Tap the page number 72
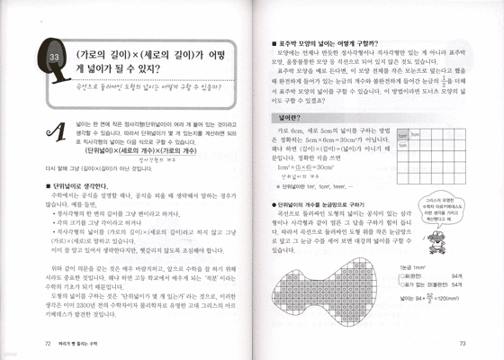coord(47,344)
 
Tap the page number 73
coord(460,344)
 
